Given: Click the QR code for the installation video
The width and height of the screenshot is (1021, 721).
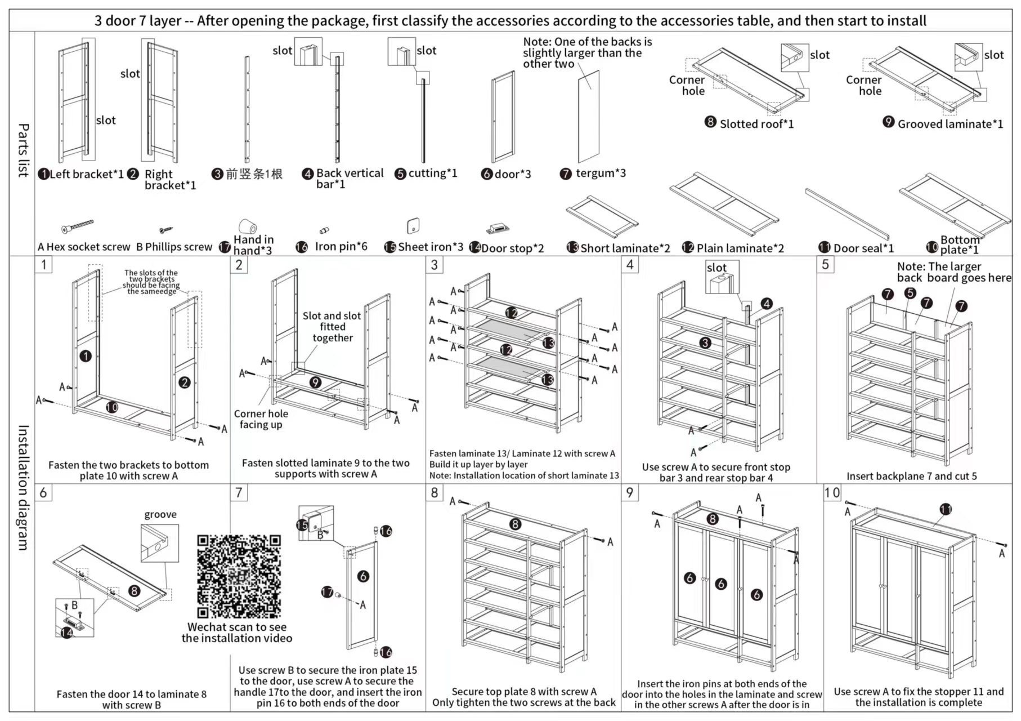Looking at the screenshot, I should [x=239, y=576].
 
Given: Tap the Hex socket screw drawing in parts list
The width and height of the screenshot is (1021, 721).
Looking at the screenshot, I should [x=78, y=226].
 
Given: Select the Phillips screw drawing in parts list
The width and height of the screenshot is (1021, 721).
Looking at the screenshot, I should [x=165, y=230].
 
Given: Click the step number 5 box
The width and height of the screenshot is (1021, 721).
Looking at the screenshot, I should [x=825, y=265].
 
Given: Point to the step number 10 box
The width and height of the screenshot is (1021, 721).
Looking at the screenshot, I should [x=832, y=493].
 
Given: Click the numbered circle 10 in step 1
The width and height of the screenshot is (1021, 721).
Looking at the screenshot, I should [x=112, y=407].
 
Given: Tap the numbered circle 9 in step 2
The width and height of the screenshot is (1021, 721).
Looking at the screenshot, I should [x=316, y=382].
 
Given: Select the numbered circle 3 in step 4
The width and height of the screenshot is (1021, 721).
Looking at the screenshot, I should [x=705, y=343].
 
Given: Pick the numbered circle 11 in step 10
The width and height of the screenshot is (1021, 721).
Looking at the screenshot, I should [x=946, y=509].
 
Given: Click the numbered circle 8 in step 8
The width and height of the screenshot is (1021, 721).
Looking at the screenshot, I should [x=515, y=524].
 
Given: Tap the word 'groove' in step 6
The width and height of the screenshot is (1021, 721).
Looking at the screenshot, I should [x=160, y=514].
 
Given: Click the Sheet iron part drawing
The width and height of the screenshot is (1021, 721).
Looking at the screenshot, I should [x=413, y=226].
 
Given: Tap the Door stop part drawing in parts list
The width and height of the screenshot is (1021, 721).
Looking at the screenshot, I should [x=498, y=228].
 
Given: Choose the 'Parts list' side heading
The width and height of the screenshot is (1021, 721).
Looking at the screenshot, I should [x=23, y=150].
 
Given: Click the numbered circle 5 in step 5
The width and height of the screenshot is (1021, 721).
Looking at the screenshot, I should [x=910, y=293].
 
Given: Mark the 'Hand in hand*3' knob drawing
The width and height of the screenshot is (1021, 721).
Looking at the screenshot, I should [x=248, y=226].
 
